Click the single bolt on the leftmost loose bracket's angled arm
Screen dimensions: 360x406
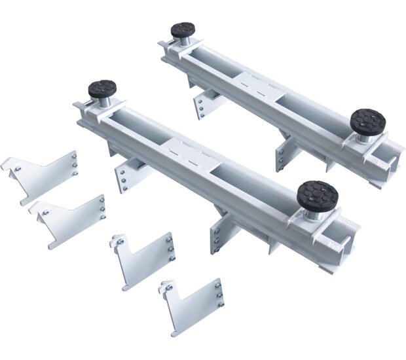pyautogui.click(x=19, y=168)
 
